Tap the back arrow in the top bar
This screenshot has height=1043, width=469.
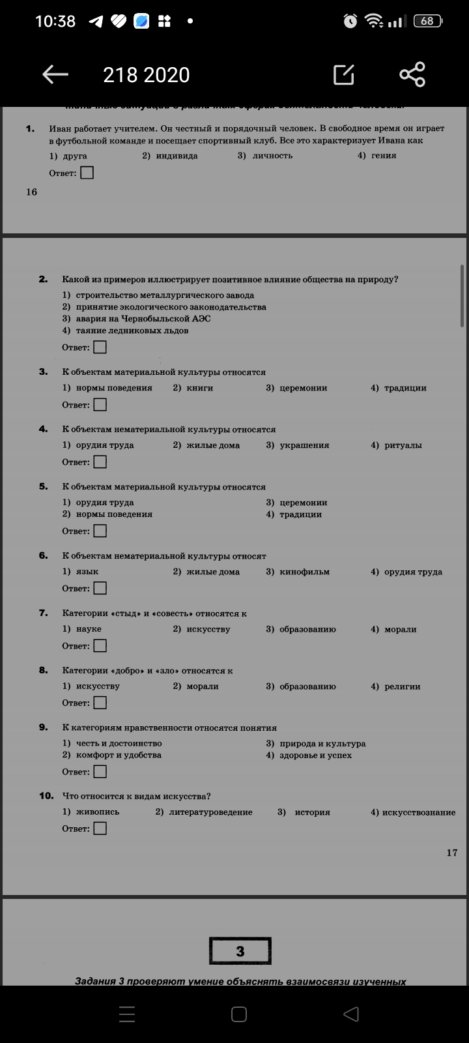click(55, 75)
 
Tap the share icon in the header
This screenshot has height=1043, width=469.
click(412, 74)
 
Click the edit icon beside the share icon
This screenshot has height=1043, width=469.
click(344, 75)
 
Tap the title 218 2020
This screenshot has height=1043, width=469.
click(146, 75)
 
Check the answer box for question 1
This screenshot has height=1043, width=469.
click(87, 173)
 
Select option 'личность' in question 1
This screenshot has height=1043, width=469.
click(272, 156)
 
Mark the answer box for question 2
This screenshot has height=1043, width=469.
click(100, 347)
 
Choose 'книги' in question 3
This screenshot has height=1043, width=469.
click(199, 388)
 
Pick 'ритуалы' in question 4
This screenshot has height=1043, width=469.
click(403, 445)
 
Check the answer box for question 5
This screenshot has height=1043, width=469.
click(100, 531)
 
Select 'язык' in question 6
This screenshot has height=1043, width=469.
click(87, 572)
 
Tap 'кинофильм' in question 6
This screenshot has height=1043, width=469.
click(304, 572)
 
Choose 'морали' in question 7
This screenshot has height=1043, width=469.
click(401, 629)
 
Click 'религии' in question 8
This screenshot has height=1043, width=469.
click(402, 686)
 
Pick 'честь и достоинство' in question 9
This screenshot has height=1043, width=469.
click(119, 743)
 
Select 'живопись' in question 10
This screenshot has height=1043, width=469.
click(98, 812)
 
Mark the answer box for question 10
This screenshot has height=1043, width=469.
click(100, 829)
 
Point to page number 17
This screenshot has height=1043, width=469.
click(452, 853)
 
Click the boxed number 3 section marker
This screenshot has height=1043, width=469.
click(240, 951)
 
